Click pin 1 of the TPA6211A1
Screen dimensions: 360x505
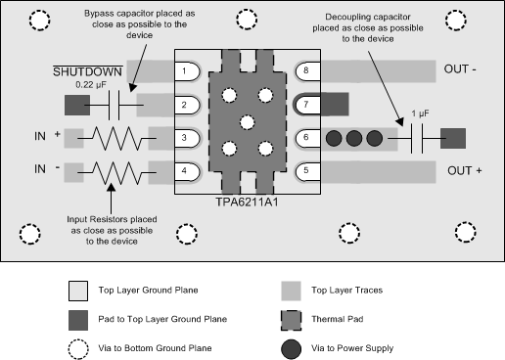click(x=184, y=71)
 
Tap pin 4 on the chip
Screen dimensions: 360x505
click(x=184, y=172)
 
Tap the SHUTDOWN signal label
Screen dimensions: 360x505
click(x=87, y=72)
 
